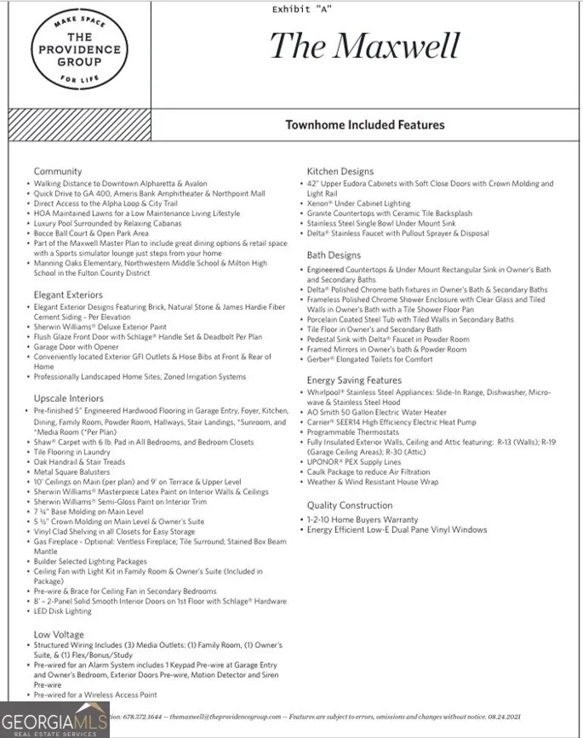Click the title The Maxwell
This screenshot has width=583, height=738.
pyautogui.click(x=364, y=46)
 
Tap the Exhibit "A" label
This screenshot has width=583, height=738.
pyautogui.click(x=302, y=9)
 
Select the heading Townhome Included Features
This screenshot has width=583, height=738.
pyautogui.click(x=364, y=125)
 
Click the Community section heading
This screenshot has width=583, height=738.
pyautogui.click(x=58, y=172)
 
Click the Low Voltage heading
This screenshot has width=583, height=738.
pyautogui.click(x=59, y=634)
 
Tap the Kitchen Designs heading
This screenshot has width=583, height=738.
pyautogui.click(x=340, y=172)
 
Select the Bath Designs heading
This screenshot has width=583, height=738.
pyautogui.click(x=334, y=255)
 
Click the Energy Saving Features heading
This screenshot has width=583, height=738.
pyautogui.click(x=354, y=380)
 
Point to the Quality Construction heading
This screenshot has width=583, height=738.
pyautogui.click(x=350, y=505)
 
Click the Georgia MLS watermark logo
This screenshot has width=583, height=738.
pyautogui.click(x=55, y=720)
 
